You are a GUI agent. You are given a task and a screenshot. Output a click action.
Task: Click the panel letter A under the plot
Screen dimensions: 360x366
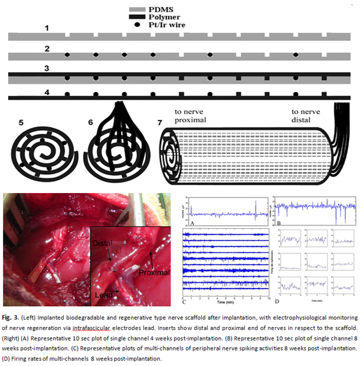[x=192, y=224]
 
